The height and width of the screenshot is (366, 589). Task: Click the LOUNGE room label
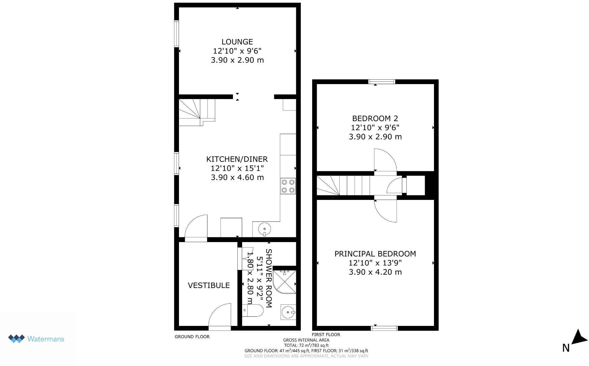coord(237,42)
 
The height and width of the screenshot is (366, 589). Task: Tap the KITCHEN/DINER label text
coord(237,159)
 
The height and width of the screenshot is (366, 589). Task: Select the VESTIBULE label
coord(209,285)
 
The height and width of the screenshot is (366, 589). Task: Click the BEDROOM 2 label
coord(375,119)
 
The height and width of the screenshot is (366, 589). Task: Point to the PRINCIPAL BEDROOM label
coord(375,254)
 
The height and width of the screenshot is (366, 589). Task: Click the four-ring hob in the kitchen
coord(288,186)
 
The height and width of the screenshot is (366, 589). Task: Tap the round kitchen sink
coord(265,229)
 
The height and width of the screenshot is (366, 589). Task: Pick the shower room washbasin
coord(288,312)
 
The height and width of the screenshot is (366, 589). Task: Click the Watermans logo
coord(36,339)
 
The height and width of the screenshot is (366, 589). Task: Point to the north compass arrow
coord(579,338)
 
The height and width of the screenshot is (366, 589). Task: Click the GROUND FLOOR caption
coord(192,337)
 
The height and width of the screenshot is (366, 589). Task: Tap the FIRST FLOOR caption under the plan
coord(326,335)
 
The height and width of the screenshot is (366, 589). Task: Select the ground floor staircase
coord(196,112)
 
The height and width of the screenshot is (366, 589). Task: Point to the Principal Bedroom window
coord(384,328)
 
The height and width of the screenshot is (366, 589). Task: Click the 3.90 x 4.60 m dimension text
coord(237,177)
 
